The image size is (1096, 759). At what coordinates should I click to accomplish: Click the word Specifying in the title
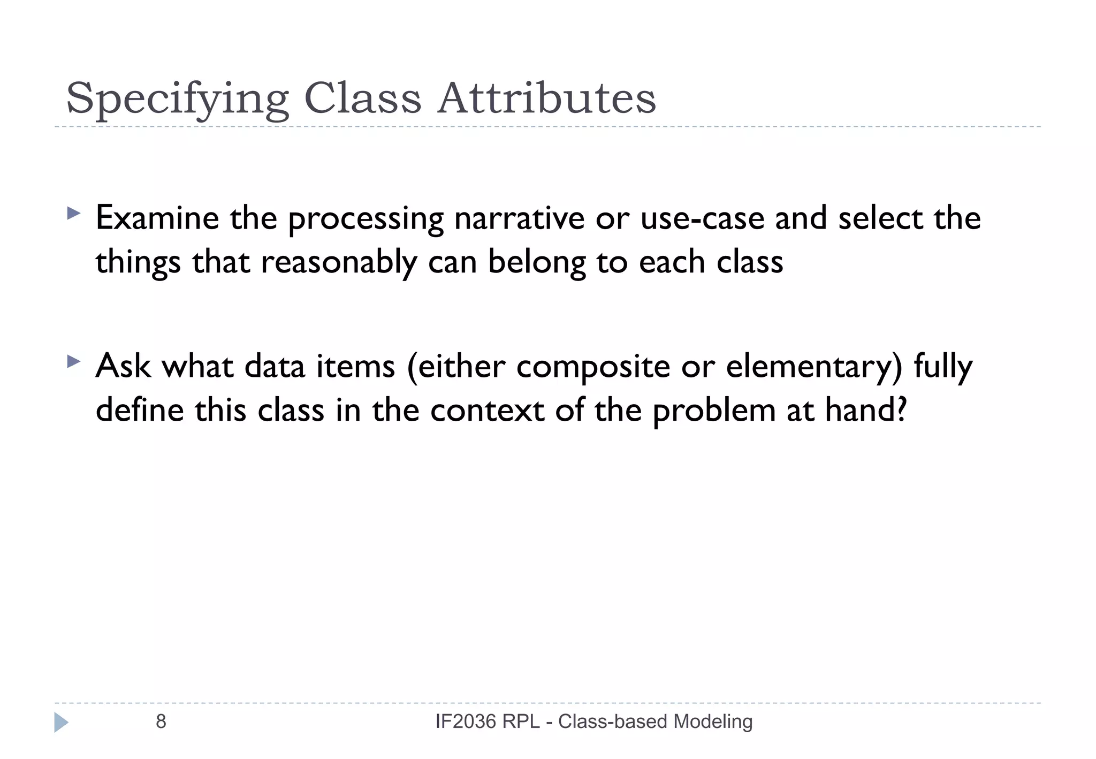coord(177,99)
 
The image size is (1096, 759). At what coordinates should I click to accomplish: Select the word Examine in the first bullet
coord(157,218)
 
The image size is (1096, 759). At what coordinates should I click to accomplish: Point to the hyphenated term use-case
coord(702,218)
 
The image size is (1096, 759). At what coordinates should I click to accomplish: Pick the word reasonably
coord(339,263)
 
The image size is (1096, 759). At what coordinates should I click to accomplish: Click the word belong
coord(537,263)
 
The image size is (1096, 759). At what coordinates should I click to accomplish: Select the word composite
coord(593,367)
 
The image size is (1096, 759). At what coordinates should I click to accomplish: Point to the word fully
coord(943,367)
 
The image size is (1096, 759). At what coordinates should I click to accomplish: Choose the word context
coord(487,411)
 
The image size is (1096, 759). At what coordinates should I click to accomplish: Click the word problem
coord(714,412)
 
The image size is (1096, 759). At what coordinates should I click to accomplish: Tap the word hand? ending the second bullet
coord(866,411)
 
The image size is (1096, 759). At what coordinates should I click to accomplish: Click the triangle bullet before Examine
coord(73,214)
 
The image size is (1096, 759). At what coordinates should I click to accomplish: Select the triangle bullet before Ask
coord(73,362)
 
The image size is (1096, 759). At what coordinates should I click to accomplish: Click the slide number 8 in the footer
coord(161,722)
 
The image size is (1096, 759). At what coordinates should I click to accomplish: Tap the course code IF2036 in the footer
coord(466,722)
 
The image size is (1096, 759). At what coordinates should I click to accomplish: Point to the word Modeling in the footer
coord(713,722)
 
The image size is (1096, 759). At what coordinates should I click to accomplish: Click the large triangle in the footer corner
coord(61,722)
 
